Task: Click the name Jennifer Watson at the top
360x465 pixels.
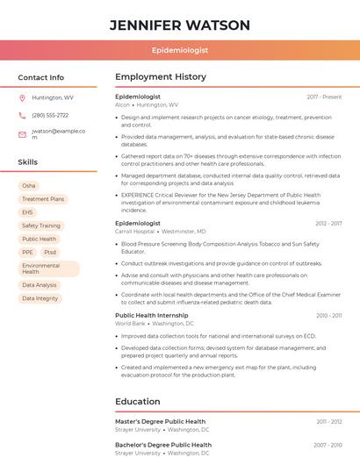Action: (180, 25)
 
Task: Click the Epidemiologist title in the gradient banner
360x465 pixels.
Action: (180, 51)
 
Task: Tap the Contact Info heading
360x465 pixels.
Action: (40, 77)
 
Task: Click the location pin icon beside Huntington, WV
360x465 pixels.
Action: (22, 97)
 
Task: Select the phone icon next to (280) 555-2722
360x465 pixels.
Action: (22, 115)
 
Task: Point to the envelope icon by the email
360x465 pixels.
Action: (22, 134)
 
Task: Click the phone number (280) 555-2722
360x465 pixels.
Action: (50, 115)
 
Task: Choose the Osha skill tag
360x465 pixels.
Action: (29, 186)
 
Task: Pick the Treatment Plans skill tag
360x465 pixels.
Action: (43, 199)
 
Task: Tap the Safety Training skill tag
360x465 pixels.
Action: (41, 225)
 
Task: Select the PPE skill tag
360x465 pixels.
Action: (27, 252)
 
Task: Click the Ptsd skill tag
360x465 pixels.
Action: (50, 252)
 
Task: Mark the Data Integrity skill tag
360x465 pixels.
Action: (40, 298)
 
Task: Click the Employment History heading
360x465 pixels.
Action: (161, 77)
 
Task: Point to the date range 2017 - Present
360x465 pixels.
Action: (324, 97)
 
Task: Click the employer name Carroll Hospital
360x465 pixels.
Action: (134, 232)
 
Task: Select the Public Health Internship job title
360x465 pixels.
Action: (151, 315)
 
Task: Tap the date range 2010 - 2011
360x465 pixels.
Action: (328, 315)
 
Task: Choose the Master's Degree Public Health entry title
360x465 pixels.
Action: (160, 421)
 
